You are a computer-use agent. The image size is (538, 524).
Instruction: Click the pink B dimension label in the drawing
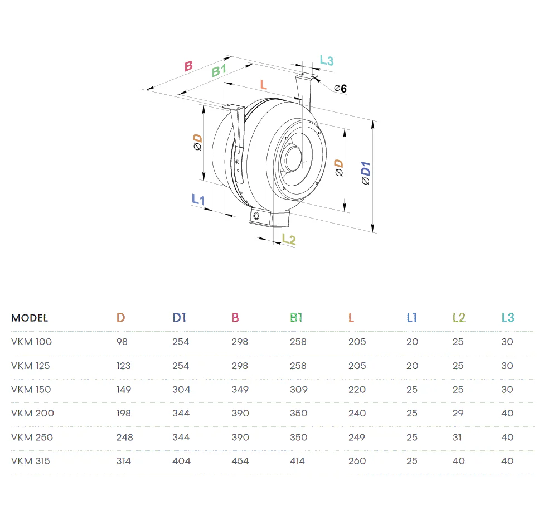point(188,66)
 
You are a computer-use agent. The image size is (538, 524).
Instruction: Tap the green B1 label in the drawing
point(219,70)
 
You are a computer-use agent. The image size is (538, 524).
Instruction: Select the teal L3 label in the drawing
point(327,60)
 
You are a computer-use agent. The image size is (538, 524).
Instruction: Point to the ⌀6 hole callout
point(341,88)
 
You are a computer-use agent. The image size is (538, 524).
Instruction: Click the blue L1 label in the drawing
point(198,199)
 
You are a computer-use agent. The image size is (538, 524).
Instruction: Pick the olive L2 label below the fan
point(289,239)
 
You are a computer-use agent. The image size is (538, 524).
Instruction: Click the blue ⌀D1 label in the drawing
point(366,173)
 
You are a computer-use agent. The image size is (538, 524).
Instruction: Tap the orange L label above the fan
point(263,84)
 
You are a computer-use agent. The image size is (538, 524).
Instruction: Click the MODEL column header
point(30,318)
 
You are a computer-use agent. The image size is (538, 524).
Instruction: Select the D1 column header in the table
point(179,317)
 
